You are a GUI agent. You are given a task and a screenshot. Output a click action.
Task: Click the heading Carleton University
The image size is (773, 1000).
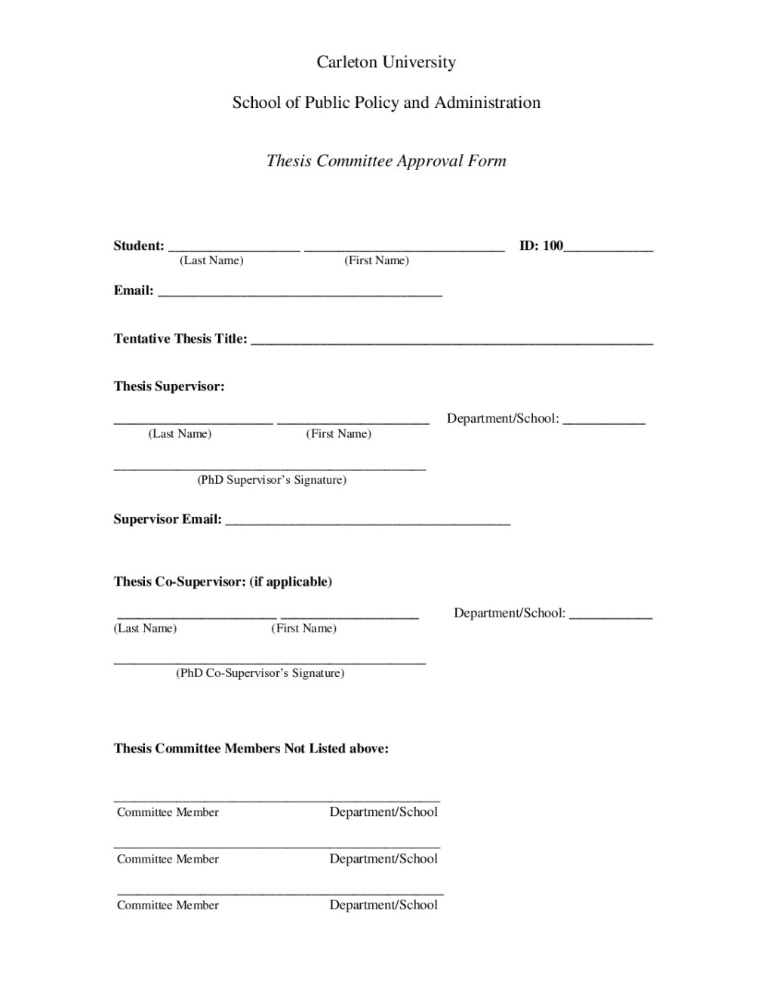(386, 62)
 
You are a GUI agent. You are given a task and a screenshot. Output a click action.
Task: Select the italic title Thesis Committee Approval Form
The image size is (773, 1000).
(386, 161)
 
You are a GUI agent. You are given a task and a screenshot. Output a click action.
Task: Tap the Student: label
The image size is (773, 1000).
(139, 245)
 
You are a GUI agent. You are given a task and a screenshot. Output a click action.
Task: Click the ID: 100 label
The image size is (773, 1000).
(541, 245)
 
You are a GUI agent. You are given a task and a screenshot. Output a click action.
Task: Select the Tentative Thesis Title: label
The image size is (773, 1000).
(180, 339)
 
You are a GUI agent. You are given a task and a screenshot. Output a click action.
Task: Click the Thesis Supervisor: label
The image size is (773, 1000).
(169, 386)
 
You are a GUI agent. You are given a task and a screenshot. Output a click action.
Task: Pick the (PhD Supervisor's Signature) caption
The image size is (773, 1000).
(272, 480)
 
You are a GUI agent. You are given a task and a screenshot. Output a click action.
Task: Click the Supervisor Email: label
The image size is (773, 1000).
(168, 519)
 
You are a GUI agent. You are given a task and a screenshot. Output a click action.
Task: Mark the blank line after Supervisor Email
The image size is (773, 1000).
(368, 522)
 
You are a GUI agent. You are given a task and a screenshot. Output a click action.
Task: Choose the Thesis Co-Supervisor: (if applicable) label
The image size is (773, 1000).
(223, 582)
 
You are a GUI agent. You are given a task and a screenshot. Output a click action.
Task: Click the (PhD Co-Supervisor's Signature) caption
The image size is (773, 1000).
(260, 673)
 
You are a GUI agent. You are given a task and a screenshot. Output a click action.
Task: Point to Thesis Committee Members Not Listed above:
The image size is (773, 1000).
(251, 749)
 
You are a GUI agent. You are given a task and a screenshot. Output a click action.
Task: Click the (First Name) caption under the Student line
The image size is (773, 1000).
(377, 260)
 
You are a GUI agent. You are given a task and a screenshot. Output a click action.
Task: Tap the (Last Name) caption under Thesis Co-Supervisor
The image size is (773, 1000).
(145, 629)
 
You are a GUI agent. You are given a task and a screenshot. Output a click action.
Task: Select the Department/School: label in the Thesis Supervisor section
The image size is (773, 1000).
(503, 418)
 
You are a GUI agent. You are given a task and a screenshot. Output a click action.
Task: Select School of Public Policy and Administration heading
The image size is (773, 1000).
(386, 103)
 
